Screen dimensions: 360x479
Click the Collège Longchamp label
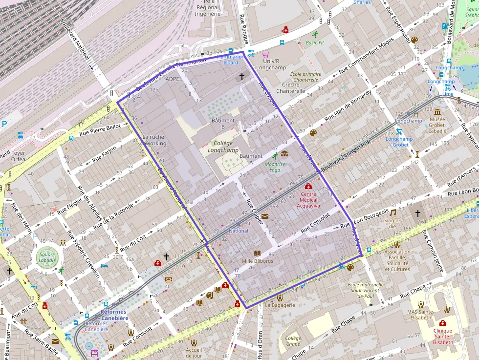(x=223, y=147)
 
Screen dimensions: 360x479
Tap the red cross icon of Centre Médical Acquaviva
(x=308, y=186)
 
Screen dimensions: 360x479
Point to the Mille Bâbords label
(x=257, y=261)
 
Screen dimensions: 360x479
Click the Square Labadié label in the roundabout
(x=47, y=257)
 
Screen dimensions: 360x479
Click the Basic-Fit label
(x=315, y=42)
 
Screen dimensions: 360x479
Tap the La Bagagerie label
(x=280, y=305)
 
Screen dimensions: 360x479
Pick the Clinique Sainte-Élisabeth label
(x=442, y=336)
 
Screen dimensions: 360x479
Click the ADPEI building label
(x=173, y=79)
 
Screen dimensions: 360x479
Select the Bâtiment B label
(x=223, y=124)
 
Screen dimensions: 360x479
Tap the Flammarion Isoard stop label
(x=231, y=60)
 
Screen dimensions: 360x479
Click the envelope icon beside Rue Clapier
(x=264, y=216)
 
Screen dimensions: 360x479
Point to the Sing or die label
(x=392, y=223)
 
